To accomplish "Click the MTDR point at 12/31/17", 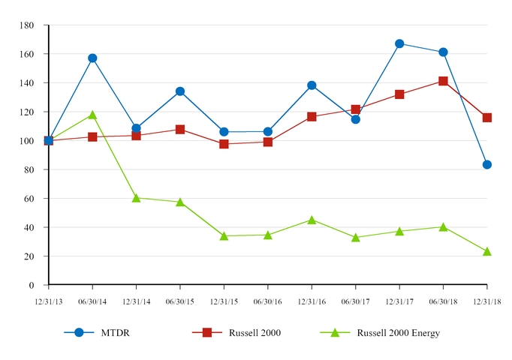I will click(399, 43).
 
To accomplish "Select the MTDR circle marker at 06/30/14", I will click(92, 58).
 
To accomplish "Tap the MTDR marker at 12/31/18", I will click(487, 164).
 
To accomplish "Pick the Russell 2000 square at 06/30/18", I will click(443, 81).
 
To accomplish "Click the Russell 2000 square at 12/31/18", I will click(487, 118).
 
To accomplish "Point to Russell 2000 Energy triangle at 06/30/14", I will click(92, 115).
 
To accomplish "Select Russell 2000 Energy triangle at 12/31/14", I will click(136, 198).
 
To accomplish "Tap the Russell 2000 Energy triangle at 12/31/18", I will click(487, 251).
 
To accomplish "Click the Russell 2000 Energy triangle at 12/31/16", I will click(312, 220).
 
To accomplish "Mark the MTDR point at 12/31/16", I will click(312, 85).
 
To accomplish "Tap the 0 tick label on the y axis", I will click(32, 286).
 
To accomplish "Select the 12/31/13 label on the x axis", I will click(48, 301).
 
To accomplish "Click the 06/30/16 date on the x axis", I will click(267, 301).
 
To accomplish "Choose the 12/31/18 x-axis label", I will click(486, 301).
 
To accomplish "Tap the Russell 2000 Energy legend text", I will click(398, 333).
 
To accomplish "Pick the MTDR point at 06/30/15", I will click(180, 91).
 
